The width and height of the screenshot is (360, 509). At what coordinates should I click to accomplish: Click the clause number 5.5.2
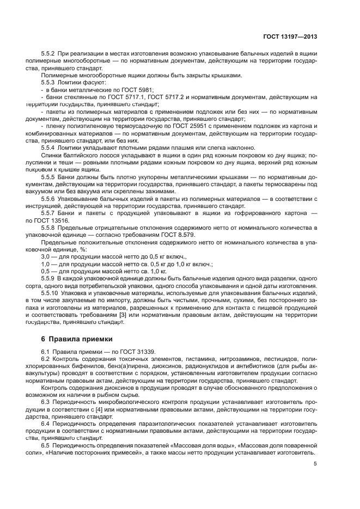[50, 54]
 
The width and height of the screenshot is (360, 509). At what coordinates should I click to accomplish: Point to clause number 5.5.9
[50, 278]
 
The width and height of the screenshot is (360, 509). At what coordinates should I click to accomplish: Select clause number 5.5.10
[51, 292]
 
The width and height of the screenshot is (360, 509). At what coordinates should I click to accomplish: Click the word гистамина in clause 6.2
[183, 359]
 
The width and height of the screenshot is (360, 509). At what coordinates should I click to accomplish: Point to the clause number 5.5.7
[50, 214]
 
